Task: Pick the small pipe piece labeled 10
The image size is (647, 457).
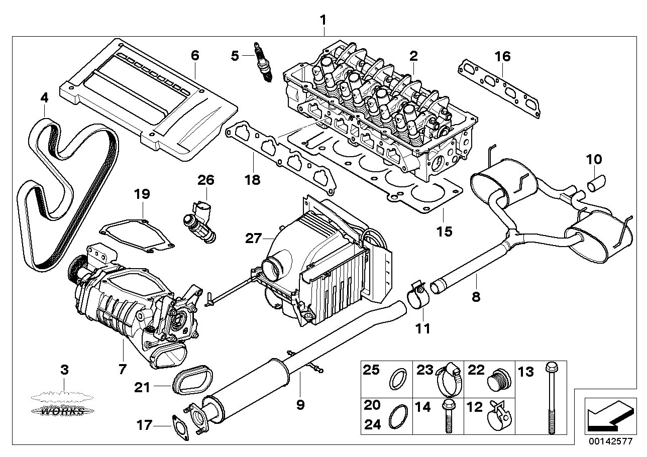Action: (597, 181)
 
